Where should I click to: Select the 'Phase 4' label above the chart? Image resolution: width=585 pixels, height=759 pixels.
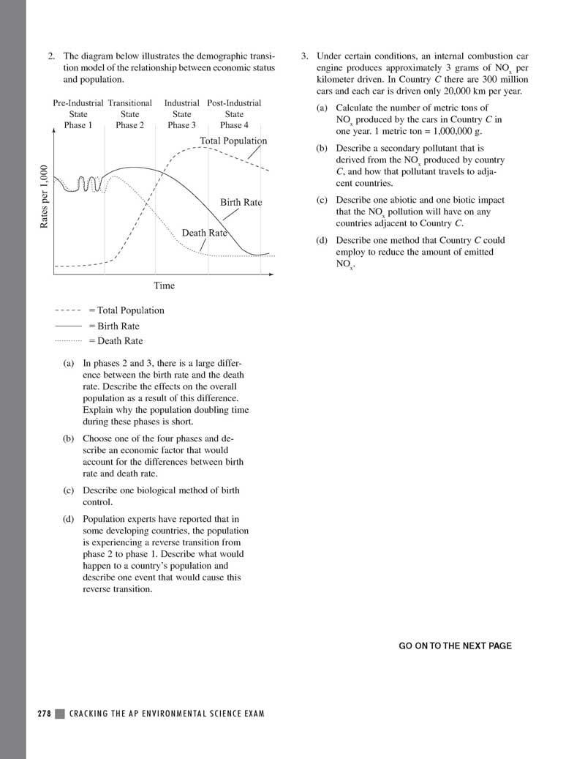pos(234,125)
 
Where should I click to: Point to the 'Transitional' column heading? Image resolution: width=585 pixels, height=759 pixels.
pos(129,103)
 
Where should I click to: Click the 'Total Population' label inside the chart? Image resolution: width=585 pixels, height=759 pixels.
pos(233,141)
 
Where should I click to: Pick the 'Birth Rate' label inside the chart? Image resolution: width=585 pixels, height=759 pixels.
pos(241,202)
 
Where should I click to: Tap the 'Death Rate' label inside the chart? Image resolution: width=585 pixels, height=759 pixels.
pos(204,233)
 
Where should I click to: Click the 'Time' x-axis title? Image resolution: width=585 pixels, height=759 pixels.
pos(164,285)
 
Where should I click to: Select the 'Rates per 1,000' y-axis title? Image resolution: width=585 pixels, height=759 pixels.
pos(45,198)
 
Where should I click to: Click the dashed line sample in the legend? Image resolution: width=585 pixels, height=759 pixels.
pos(68,310)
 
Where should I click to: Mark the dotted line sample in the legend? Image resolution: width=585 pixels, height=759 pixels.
pos(68,341)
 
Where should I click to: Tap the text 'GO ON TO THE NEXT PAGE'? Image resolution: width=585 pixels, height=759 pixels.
pos(455,646)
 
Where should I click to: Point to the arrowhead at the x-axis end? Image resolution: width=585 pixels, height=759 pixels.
pos(271,275)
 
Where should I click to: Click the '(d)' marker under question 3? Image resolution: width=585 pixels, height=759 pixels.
pos(322,240)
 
